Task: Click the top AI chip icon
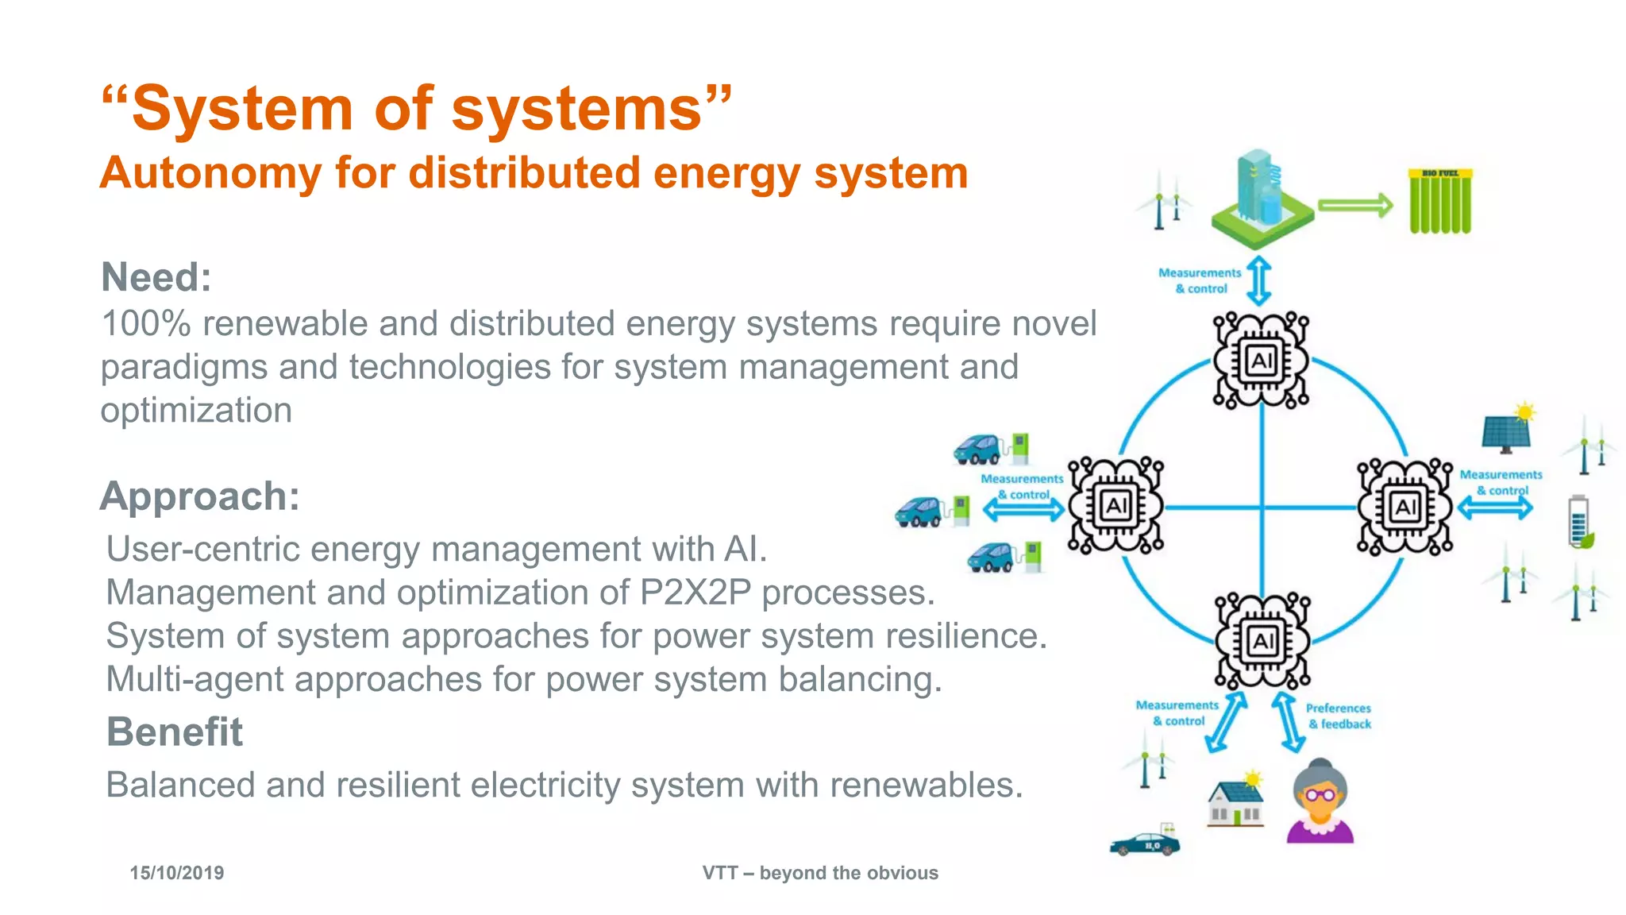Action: [1261, 361]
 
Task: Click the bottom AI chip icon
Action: [1262, 640]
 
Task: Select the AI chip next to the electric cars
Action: [1115, 505]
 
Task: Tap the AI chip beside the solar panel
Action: [1404, 506]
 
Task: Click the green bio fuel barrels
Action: [1439, 202]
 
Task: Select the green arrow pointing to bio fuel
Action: [1355, 206]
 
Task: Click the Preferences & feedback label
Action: [1339, 716]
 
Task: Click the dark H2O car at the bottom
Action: [1144, 844]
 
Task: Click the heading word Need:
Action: [156, 277]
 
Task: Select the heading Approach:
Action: [200, 496]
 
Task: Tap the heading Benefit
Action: [175, 732]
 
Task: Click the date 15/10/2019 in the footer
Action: [176, 873]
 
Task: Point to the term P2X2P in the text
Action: [695, 593]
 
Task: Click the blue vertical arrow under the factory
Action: [1258, 280]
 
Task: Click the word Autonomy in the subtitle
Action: [210, 173]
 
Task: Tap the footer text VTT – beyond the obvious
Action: [819, 873]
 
